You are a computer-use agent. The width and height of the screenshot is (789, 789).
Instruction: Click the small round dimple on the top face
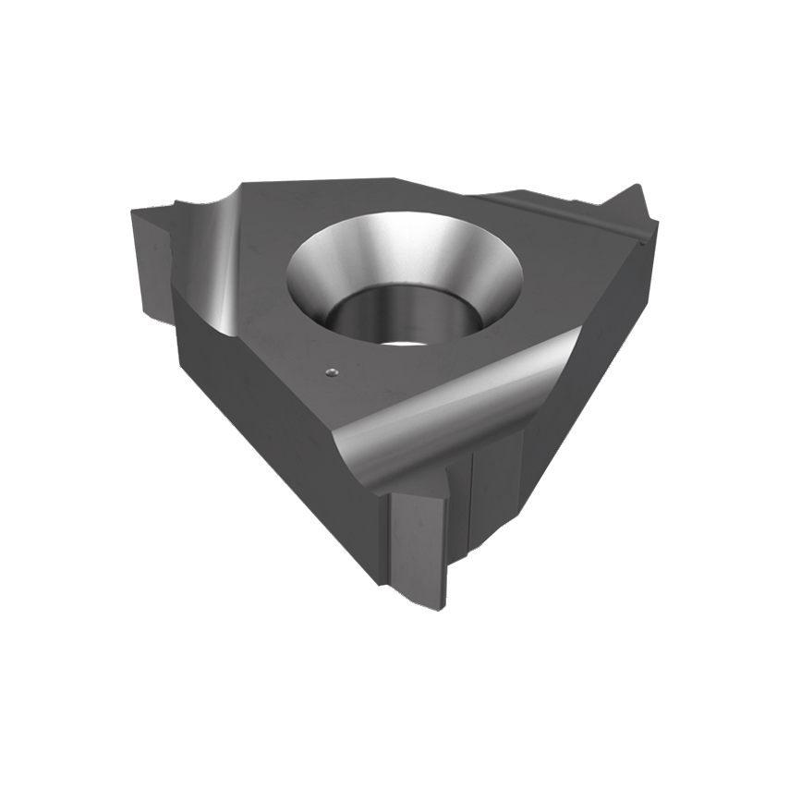(331, 373)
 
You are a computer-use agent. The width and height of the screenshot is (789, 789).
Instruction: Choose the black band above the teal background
(394, 74)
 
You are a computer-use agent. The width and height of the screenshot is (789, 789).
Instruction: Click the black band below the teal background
(394, 711)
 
